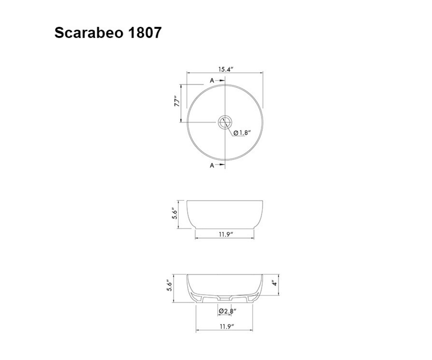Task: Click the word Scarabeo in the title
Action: click(89, 33)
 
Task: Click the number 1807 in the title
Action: click(145, 33)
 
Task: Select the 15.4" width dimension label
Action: click(226, 69)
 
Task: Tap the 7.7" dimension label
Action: click(177, 101)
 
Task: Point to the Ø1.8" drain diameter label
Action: click(242, 132)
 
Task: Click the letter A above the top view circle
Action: click(212, 81)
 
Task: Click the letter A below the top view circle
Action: click(212, 165)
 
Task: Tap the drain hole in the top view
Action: click(225, 122)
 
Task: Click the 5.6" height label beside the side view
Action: click(175, 214)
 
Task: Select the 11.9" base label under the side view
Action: click(226, 234)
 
